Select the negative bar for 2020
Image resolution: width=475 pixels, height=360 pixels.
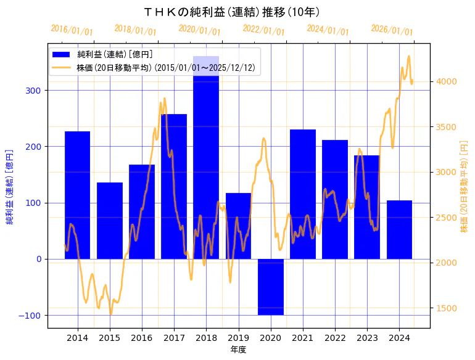coord(270,287)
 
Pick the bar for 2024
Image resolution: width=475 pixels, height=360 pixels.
coord(399,229)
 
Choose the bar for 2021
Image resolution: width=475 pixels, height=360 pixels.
coord(303,194)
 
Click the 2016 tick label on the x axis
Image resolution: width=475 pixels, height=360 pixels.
coord(142,337)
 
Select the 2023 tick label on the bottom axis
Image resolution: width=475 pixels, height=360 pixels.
coord(367,337)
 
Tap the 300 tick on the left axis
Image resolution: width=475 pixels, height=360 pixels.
coord(34,91)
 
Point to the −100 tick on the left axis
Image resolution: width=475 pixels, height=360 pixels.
coord(31,316)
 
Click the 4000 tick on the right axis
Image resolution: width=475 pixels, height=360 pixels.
coord(446,81)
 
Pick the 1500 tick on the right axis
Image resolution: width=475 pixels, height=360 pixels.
coord(446,308)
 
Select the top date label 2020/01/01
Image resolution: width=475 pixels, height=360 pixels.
coord(200,30)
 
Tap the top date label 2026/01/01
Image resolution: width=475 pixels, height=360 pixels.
coord(392,30)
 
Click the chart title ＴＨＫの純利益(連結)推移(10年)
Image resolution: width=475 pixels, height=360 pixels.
coord(231,12)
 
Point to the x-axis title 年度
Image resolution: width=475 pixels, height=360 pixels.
coord(238,349)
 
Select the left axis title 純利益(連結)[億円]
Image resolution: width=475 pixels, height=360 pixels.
coord(10,186)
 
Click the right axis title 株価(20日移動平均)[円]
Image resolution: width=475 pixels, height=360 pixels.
coord(464,186)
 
